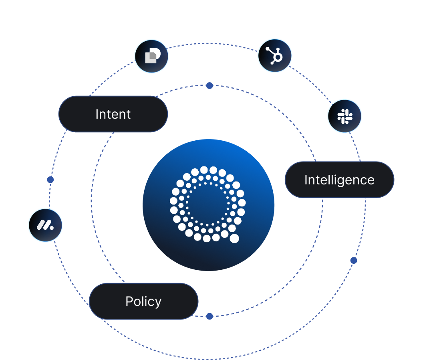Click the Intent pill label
[x=113, y=114]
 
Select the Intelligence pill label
[x=339, y=180]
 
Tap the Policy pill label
[x=143, y=301]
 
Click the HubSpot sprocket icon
[x=275, y=56]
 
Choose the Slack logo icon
[x=344, y=116]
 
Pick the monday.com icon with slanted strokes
[x=45, y=225]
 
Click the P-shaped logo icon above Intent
[x=151, y=56]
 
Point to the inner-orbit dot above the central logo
[x=209, y=85]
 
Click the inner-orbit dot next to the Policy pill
[x=209, y=316]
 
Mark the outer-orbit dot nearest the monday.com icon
[x=50, y=180]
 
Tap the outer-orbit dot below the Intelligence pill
[x=354, y=261]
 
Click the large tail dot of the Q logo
[x=234, y=239]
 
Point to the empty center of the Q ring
[x=207, y=204]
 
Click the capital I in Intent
[x=97, y=114]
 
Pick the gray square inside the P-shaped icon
[x=150, y=58]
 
